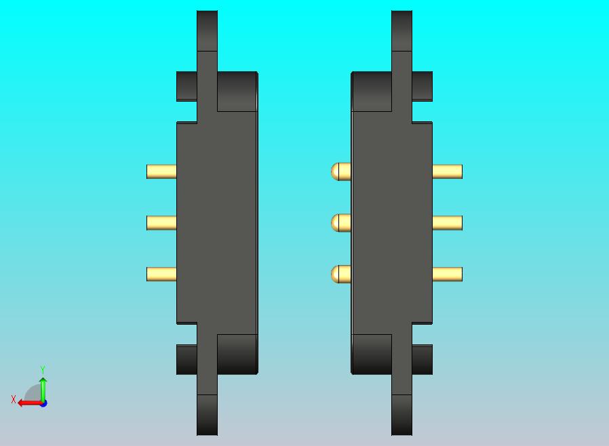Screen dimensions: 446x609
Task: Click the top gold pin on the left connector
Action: (161, 171)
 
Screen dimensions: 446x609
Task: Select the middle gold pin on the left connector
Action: (161, 222)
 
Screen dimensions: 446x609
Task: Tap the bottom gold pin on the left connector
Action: (161, 274)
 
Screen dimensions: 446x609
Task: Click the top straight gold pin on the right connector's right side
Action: (447, 171)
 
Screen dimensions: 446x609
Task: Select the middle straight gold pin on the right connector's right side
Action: (447, 222)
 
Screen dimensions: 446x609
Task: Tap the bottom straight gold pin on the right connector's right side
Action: (447, 274)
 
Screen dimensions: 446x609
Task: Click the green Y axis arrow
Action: (43, 388)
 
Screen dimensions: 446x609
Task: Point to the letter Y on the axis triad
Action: (43, 369)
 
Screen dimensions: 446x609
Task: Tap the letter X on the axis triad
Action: (13, 399)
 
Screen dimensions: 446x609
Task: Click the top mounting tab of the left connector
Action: (207, 31)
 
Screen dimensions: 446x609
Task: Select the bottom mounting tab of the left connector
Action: (207, 414)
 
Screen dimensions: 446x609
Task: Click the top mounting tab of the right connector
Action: (401, 31)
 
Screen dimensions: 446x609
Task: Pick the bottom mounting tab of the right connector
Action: (401, 414)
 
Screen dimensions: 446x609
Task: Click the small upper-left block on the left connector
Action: (186, 86)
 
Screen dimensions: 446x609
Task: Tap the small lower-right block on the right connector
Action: (422, 359)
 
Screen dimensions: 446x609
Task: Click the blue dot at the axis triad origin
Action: (43, 403)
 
